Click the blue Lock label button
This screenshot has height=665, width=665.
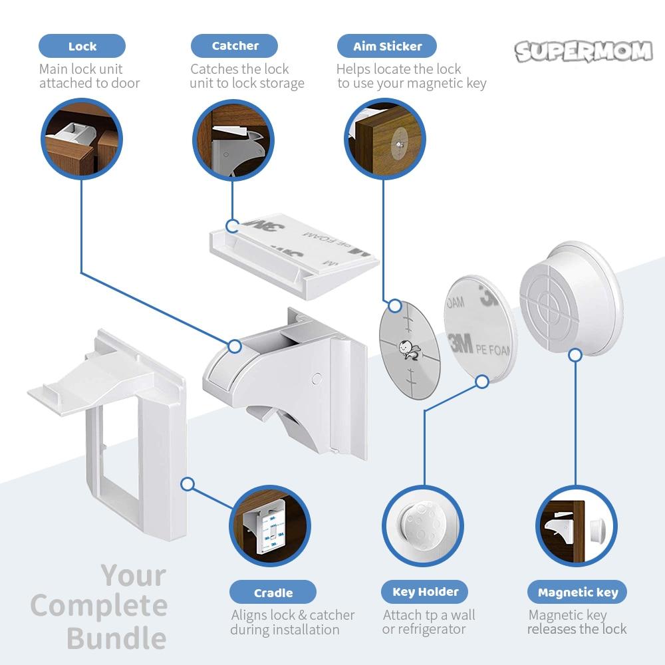82,47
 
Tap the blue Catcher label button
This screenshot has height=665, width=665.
235,46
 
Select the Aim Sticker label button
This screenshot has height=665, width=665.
387,47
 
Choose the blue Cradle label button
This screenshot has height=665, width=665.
273,593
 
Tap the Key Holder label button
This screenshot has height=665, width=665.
425,591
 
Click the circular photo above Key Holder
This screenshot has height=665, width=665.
423,525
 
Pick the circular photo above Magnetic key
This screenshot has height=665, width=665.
576,525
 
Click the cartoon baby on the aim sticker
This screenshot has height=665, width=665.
405,348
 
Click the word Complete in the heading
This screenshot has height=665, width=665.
99,606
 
